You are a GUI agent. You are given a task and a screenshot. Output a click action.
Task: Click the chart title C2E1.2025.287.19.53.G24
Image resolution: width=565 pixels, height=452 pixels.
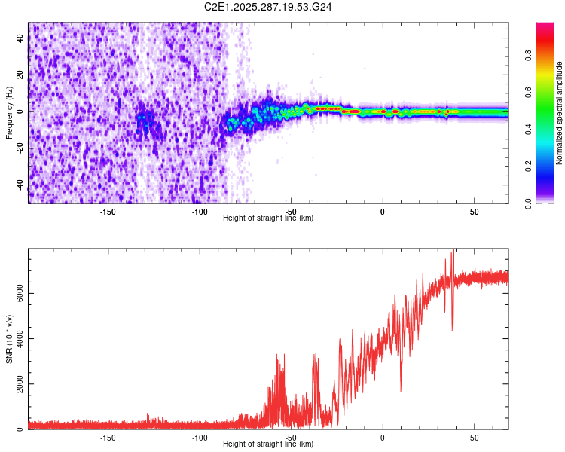(268, 7)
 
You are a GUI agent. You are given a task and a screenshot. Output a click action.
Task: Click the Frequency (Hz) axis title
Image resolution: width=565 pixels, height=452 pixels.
(9, 112)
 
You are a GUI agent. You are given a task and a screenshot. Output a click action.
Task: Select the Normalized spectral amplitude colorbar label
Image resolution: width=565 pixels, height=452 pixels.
(560, 113)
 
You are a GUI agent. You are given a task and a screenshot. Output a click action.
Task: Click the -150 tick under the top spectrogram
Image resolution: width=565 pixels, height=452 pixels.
(108, 212)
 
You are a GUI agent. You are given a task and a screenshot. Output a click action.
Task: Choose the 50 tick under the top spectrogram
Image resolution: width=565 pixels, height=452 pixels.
(475, 212)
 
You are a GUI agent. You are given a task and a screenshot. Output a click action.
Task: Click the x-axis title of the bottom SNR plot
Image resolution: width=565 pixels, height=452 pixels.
(268, 444)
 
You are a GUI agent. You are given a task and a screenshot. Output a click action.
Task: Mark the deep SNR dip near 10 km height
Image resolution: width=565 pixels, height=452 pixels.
(401, 389)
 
